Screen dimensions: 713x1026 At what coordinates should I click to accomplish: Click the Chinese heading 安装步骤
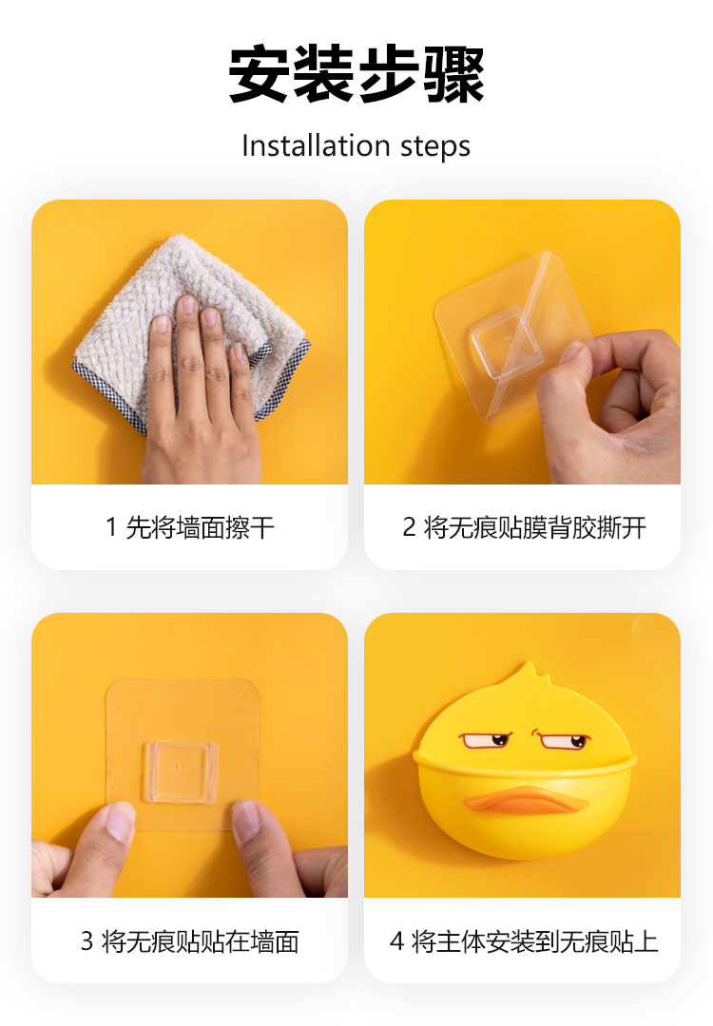tap(356, 73)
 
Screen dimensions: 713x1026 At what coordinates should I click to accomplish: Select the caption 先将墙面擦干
tap(200, 527)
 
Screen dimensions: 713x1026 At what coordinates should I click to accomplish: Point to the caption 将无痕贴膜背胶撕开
tap(535, 527)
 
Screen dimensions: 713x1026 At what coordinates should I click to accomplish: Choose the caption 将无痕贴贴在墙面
tap(201, 940)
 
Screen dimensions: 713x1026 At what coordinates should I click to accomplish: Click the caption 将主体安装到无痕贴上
tap(535, 940)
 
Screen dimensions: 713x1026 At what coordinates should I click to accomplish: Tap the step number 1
tap(111, 527)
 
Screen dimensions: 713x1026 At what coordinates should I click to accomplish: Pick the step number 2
tap(409, 527)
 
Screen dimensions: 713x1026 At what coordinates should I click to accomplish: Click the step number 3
tap(87, 940)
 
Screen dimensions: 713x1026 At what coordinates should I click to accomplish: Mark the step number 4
tap(396, 940)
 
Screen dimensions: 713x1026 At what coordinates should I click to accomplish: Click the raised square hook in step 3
tap(181, 770)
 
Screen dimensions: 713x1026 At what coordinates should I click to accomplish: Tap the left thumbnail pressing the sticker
tap(119, 821)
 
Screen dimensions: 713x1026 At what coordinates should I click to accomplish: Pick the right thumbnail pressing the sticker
tap(246, 821)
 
